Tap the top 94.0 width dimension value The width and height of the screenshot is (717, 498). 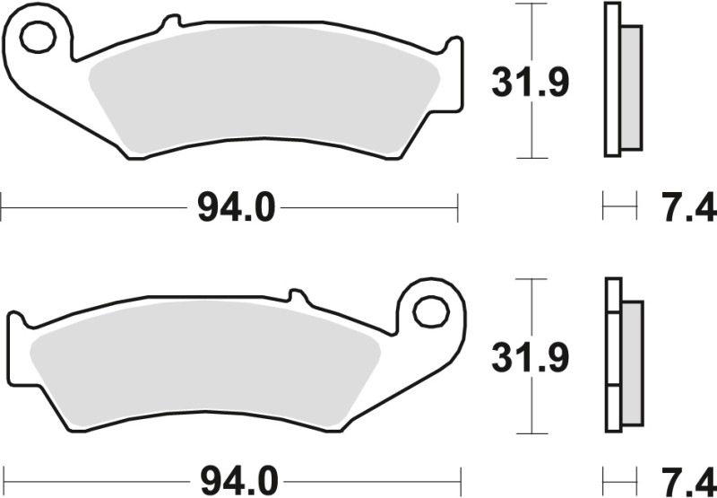coord(229,210)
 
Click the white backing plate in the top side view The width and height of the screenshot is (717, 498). coord(612,81)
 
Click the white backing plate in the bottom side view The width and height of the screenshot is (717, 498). coord(612,359)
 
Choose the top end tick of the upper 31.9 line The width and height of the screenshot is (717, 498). coord(533,4)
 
